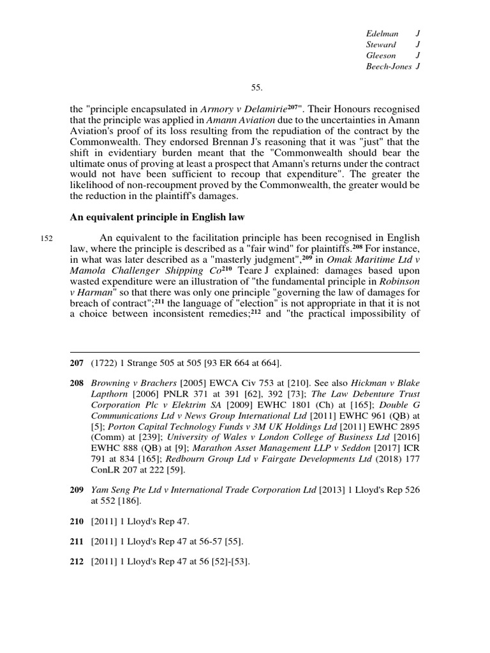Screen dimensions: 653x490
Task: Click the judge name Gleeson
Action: [x=381, y=55]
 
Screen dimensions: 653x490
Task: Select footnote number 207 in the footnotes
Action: [x=78, y=363]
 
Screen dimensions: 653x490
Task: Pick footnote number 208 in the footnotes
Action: [x=78, y=382]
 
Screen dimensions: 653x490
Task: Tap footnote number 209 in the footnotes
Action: [x=78, y=490]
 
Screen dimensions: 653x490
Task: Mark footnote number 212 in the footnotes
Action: [x=78, y=562]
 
